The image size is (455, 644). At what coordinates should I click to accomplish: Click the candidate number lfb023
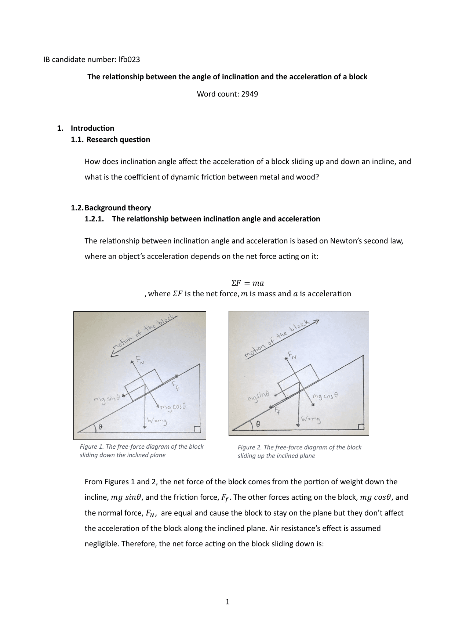tap(129, 59)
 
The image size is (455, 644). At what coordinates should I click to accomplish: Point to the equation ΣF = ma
tap(248, 283)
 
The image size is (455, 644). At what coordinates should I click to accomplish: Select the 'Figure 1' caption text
tap(142, 451)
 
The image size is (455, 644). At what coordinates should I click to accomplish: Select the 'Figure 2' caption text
tap(299, 452)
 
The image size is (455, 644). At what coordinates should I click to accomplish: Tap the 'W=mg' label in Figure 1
tap(157, 421)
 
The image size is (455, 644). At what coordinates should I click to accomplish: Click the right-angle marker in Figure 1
tap(197, 429)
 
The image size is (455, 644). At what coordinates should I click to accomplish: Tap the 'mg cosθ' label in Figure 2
tap(325, 396)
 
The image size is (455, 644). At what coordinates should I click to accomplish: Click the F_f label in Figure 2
tap(278, 410)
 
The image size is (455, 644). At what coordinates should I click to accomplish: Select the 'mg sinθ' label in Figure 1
tap(107, 399)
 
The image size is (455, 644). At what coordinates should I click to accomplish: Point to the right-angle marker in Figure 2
tap(361, 426)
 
